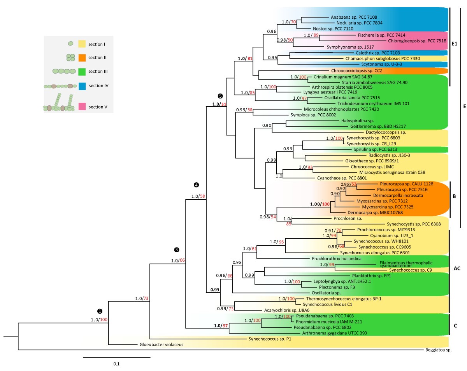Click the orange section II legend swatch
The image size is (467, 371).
point(82,58)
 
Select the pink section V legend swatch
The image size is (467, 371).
point(82,106)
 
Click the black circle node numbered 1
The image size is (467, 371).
point(100,311)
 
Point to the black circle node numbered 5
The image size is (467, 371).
point(221,96)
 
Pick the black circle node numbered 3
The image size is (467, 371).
point(177,250)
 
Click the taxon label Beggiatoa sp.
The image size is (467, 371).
point(438,350)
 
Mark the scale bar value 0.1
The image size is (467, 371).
point(116,364)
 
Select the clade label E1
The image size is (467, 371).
point(454,44)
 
